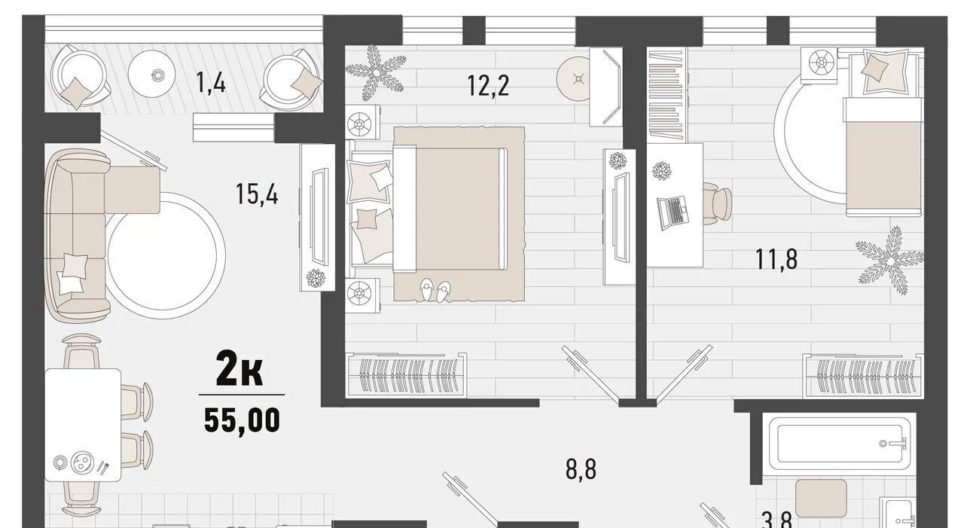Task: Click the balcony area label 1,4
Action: [x=210, y=82]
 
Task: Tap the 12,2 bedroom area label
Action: [x=488, y=86]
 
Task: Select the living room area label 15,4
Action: [x=257, y=194]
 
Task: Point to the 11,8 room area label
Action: [x=776, y=259]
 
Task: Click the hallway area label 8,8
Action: [x=581, y=468]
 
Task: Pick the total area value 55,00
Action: [x=243, y=420]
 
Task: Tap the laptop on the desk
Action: [x=673, y=212]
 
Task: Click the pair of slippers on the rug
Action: [x=435, y=290]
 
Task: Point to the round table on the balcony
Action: [x=151, y=74]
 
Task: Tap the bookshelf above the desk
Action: [x=667, y=94]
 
